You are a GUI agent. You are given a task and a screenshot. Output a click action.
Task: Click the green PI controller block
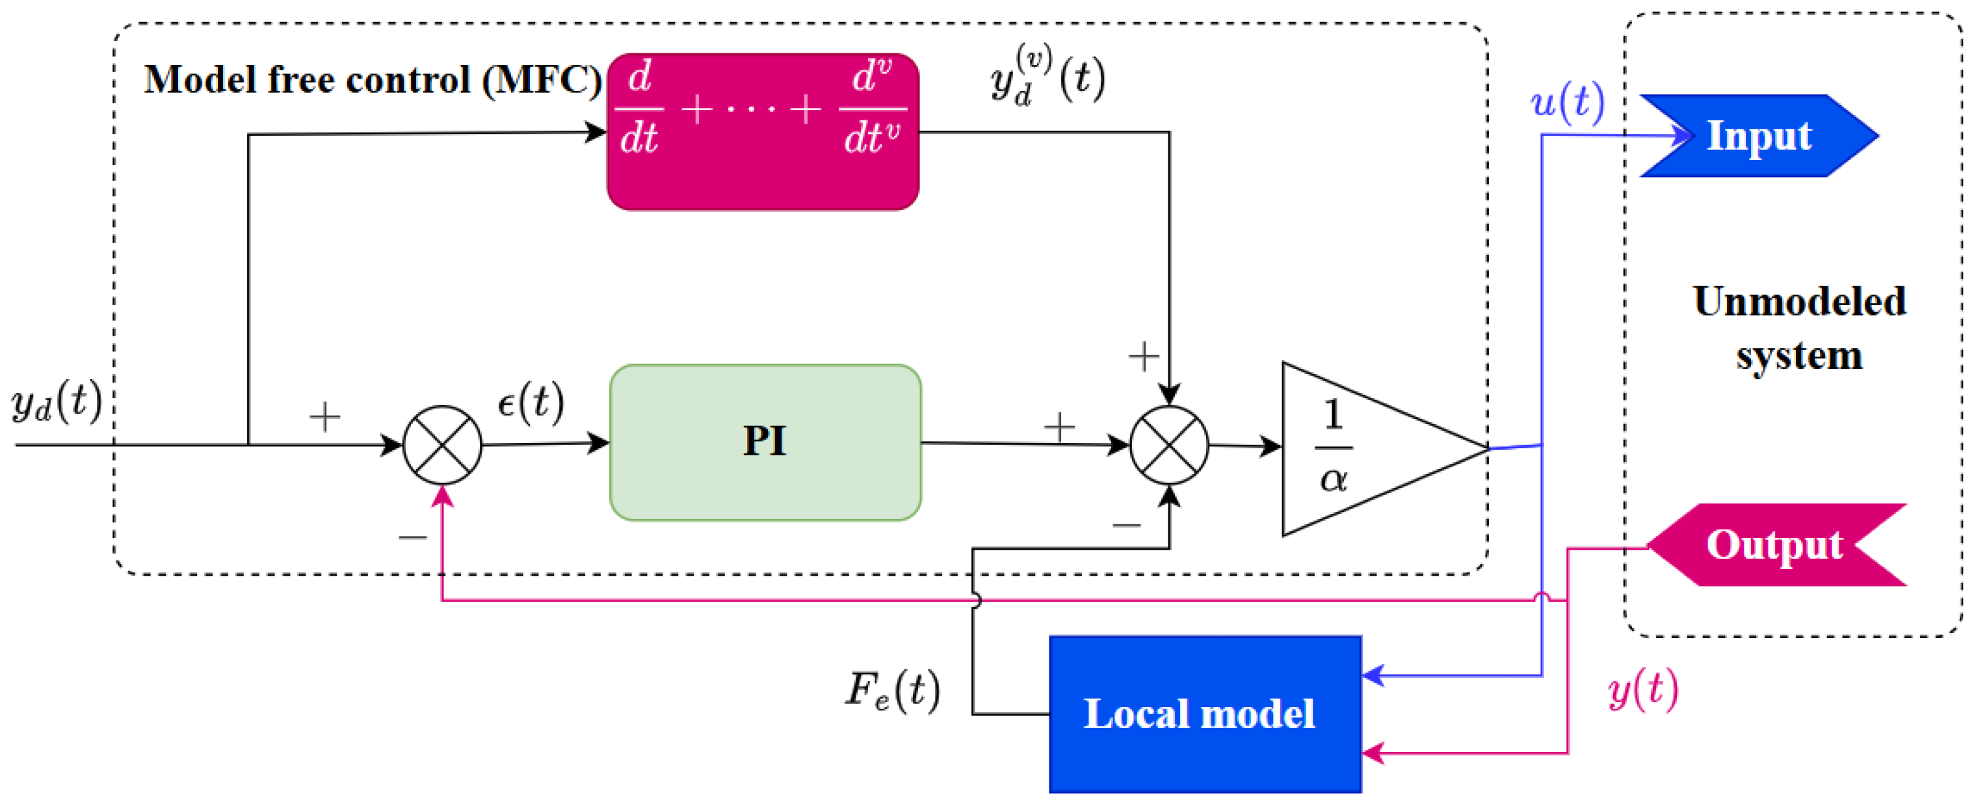pyautogui.click(x=765, y=442)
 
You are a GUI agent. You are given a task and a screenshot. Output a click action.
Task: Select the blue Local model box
pyautogui.click(x=1204, y=714)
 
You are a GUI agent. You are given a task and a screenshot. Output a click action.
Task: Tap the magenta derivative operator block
pyautogui.click(x=763, y=132)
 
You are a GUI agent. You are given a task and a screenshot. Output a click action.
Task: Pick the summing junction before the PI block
pyautogui.click(x=442, y=444)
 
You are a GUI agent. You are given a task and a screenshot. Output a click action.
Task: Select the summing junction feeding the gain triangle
pyautogui.click(x=1168, y=444)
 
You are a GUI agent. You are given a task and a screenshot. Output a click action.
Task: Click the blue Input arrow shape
pyautogui.click(x=1758, y=136)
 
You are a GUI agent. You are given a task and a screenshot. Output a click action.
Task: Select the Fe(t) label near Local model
pyautogui.click(x=893, y=690)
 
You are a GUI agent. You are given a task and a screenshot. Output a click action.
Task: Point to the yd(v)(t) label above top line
pyautogui.click(x=1047, y=77)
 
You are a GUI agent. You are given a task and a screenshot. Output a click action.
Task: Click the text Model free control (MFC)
pyautogui.click(x=373, y=80)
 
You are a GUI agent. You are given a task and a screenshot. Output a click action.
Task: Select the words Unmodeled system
pyautogui.click(x=1798, y=328)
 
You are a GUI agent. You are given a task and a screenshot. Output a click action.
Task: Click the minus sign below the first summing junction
pyautogui.click(x=412, y=537)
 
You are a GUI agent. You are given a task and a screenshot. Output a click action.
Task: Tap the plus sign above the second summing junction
pyautogui.click(x=1142, y=356)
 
